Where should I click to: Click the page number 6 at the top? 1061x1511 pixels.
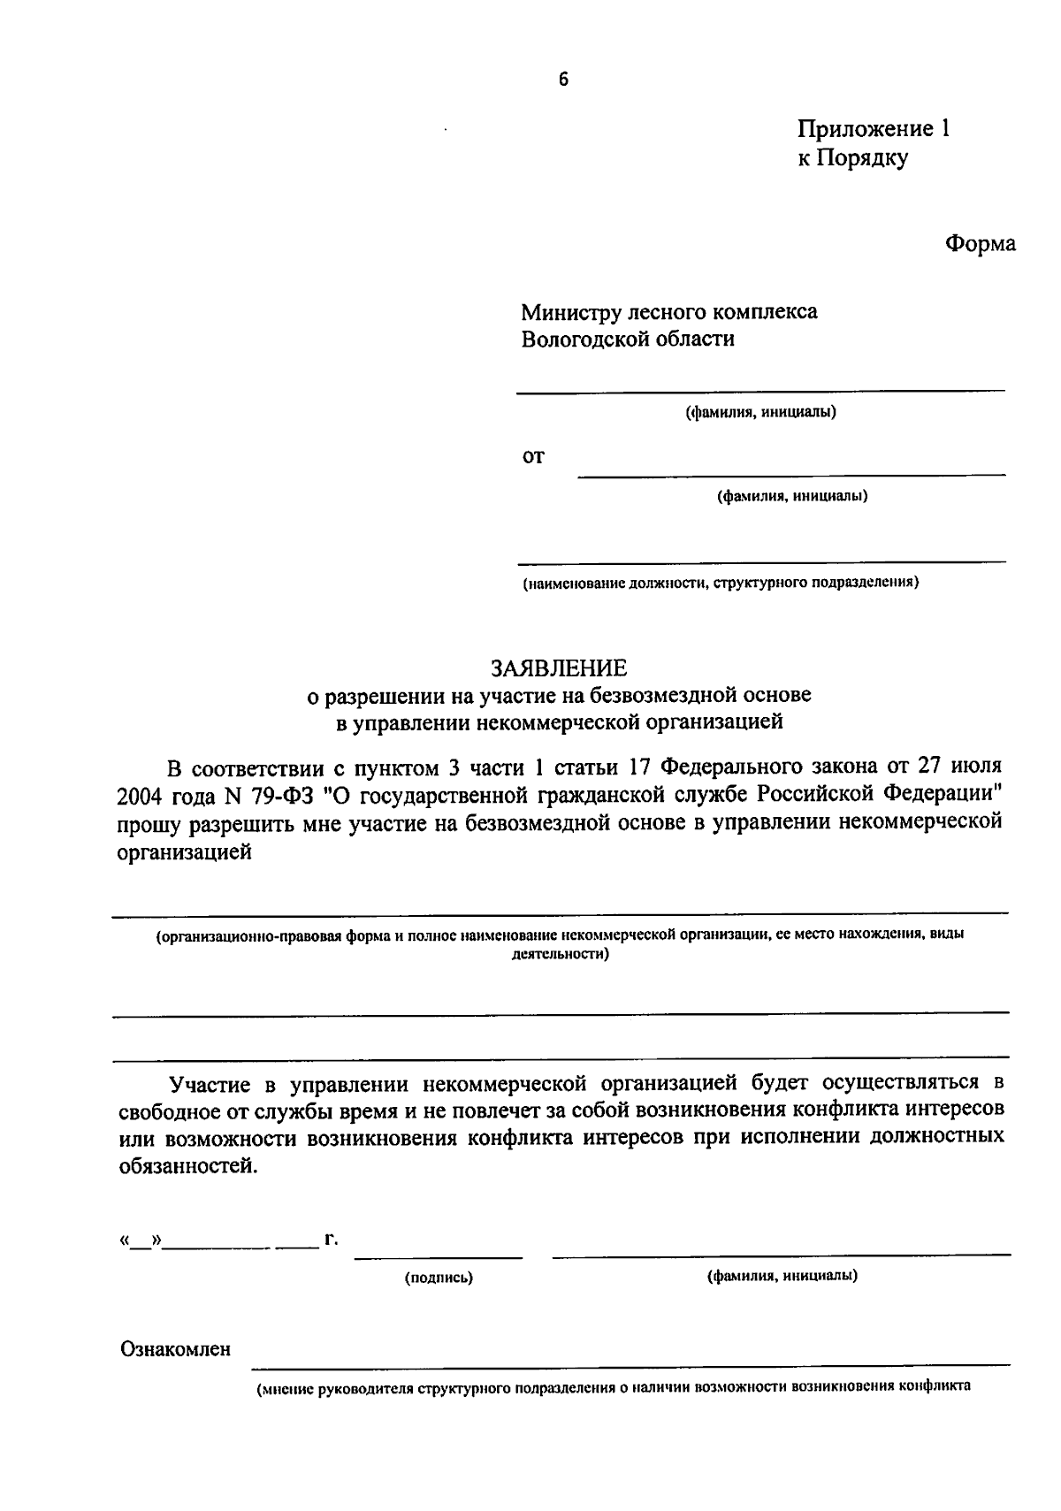pyautogui.click(x=563, y=80)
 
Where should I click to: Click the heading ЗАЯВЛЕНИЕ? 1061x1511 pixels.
pyautogui.click(x=558, y=667)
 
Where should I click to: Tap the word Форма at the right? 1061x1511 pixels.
pyautogui.click(x=980, y=243)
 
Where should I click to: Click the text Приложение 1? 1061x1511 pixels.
pyautogui.click(x=873, y=129)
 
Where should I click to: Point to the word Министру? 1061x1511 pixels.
pyautogui.click(x=570, y=311)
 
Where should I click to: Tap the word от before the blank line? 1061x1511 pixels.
pyautogui.click(x=533, y=457)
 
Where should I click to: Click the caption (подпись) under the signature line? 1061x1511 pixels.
pyautogui.click(x=439, y=1278)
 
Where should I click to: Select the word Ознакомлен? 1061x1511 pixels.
pyautogui.click(x=175, y=1348)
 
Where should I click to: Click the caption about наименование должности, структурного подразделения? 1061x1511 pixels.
pyautogui.click(x=720, y=583)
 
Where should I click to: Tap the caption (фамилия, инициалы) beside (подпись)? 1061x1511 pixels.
pyautogui.click(x=782, y=1276)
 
